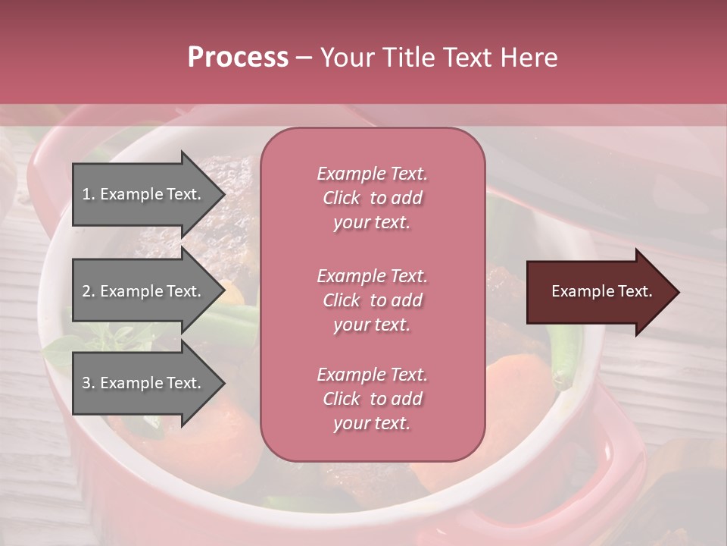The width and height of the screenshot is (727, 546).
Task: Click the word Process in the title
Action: coord(238,58)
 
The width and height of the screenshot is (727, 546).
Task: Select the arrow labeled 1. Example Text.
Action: coord(144,194)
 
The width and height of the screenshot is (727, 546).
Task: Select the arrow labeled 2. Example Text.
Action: coord(144,291)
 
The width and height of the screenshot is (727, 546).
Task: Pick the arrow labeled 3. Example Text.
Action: coord(144,383)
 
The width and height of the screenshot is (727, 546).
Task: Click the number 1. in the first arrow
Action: coord(88,194)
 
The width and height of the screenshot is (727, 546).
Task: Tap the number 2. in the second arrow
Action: coord(88,291)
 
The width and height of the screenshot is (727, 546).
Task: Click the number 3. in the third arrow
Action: coord(88,383)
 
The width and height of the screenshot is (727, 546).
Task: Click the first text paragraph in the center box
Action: coord(372,198)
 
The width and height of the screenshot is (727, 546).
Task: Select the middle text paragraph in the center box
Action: coord(372,300)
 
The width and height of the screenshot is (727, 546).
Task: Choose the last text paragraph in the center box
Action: coord(372,399)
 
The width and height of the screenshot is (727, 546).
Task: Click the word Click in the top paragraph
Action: coord(342,198)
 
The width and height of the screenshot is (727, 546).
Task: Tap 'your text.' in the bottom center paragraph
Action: coord(372,423)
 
